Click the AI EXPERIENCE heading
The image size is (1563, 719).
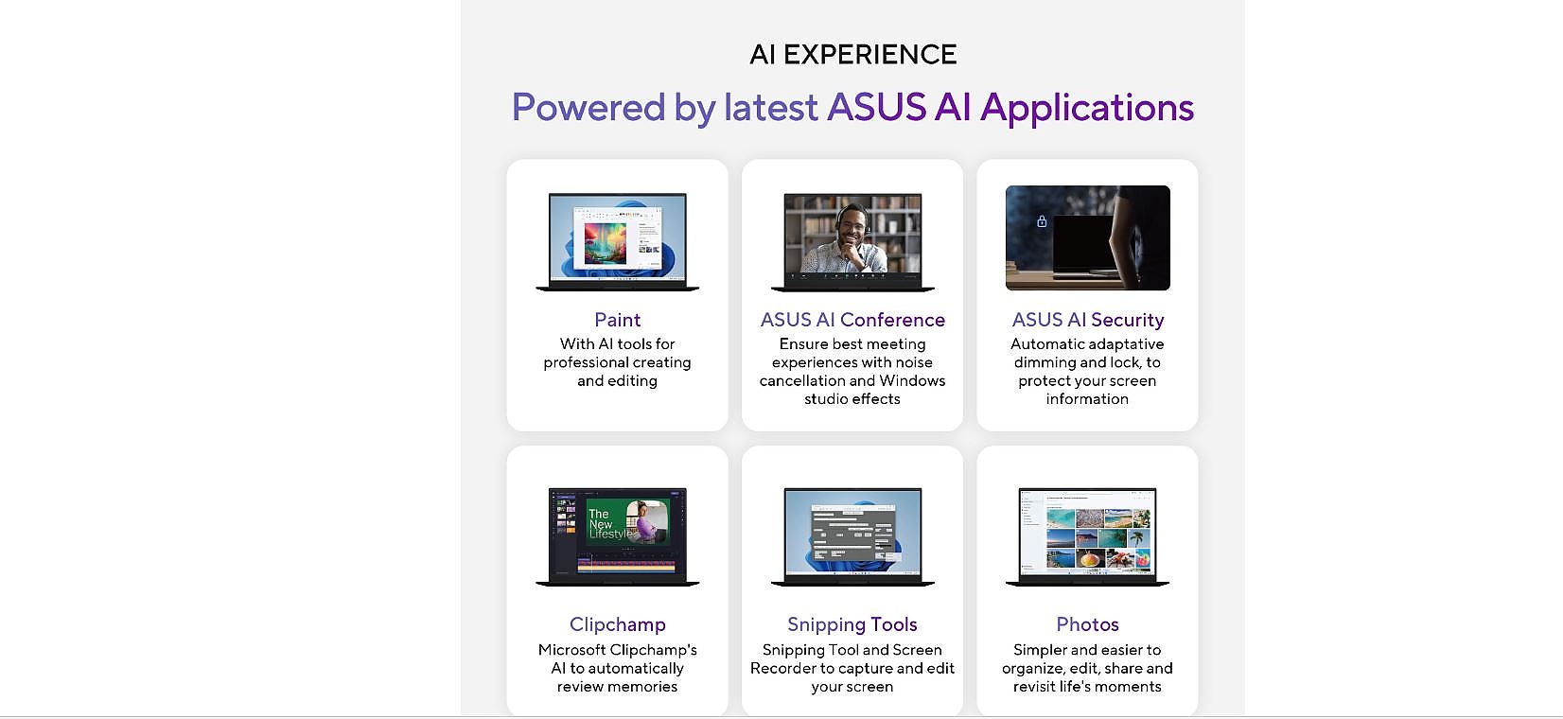coord(852,54)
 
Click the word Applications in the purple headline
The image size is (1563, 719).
coord(1087,108)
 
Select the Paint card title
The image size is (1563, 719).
coord(618,320)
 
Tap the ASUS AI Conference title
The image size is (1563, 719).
coord(852,320)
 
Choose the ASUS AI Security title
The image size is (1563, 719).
coord(1088,320)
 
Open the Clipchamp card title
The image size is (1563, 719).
coord(618,624)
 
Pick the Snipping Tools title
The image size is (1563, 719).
coord(852,624)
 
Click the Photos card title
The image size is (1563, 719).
coord(1088,624)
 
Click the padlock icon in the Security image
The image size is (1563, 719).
coord(1042,221)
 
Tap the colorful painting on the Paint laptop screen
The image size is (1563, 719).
coord(605,243)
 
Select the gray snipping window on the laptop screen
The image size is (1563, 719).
coord(852,532)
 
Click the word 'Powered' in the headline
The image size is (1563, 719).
coord(588,108)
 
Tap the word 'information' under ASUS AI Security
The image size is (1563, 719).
coord(1087,399)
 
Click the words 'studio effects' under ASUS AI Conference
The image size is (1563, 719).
coord(852,399)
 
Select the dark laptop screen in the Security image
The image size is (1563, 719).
coord(1083,243)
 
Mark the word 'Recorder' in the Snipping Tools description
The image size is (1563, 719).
coord(782,668)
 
